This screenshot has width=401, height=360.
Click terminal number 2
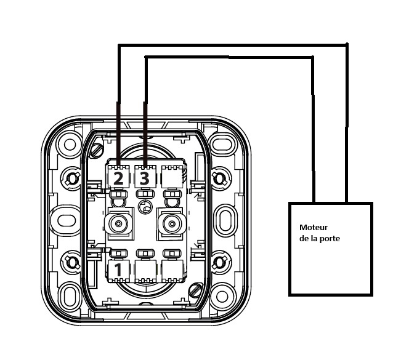[x=118, y=178]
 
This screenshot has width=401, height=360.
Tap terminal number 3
[x=144, y=178]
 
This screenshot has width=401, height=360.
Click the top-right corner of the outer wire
[x=347, y=45]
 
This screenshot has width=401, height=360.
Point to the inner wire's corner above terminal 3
[x=145, y=57]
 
